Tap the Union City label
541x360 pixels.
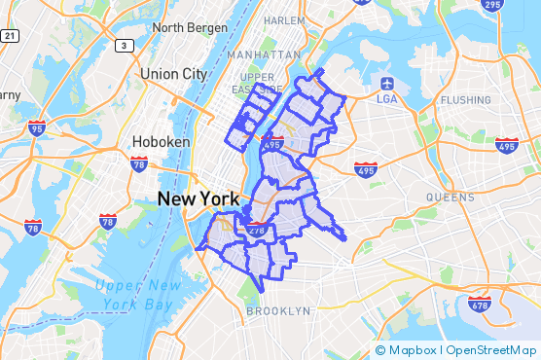point(173,74)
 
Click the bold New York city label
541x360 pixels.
point(198,198)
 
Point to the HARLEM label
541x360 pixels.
point(284,19)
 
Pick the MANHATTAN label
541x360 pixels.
point(264,54)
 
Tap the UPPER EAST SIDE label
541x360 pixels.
point(258,84)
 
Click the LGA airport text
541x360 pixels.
point(386,98)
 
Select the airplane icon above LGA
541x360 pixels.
point(387,82)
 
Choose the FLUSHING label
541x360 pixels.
point(465,99)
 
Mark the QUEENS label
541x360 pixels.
point(450,196)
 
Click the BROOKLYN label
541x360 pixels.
point(278,311)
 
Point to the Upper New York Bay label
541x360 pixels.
point(139,295)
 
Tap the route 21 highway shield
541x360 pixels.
point(9,35)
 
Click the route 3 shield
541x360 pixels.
point(124,45)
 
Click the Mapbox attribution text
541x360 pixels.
point(410,349)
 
